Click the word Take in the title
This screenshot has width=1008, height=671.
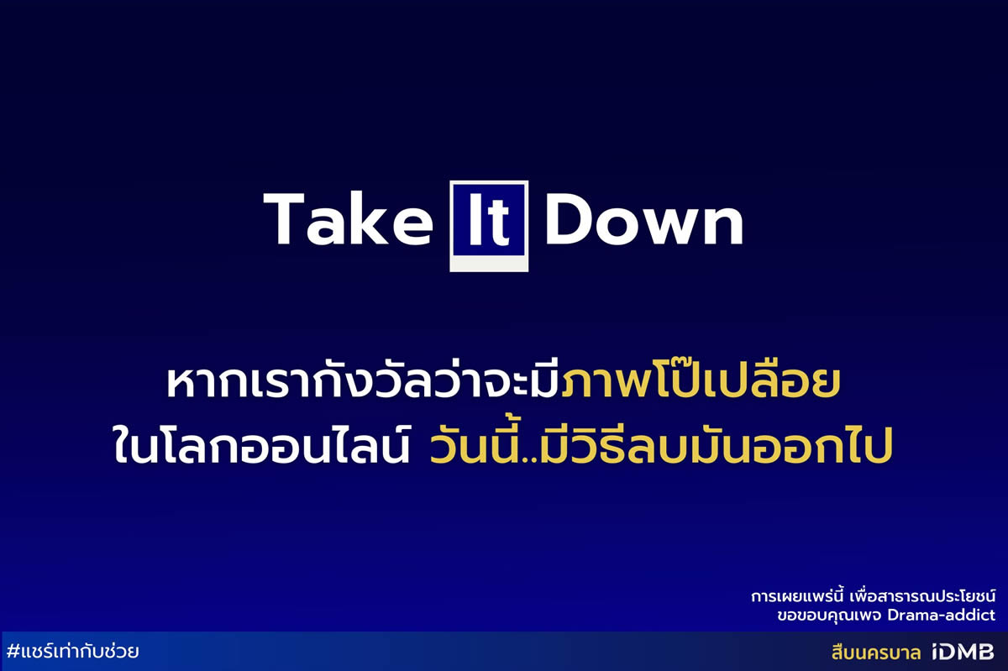tap(348, 219)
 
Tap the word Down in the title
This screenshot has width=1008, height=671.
tap(644, 219)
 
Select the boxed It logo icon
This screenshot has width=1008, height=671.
tap(489, 226)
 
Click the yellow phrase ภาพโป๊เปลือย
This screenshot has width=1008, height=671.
tap(701, 381)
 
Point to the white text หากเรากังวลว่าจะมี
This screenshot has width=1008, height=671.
tap(363, 380)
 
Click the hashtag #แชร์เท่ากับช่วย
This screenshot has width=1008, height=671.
tap(73, 652)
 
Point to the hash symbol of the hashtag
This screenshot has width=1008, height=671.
tap(13, 652)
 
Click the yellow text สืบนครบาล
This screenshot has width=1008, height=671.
tap(875, 653)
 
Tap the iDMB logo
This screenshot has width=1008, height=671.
tap(963, 652)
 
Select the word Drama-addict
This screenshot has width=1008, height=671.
tap(942, 615)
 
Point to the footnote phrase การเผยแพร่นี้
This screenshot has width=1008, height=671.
tap(796, 597)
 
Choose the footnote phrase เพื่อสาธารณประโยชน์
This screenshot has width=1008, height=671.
tap(922, 597)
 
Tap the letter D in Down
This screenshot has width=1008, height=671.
tap(570, 218)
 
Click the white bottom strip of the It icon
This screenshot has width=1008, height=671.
tap(489, 263)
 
